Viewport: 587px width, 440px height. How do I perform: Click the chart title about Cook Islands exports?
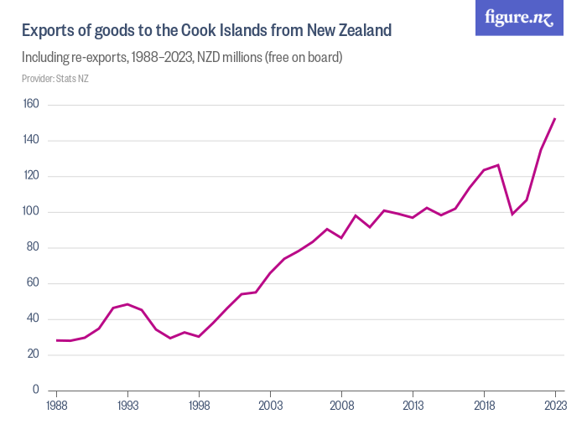(x=206, y=31)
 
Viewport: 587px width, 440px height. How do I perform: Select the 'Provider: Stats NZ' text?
(x=55, y=79)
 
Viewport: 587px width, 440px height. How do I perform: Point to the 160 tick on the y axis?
(x=31, y=105)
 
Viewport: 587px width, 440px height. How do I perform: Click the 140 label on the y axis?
(x=31, y=141)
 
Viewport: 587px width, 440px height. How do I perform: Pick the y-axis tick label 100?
(x=31, y=212)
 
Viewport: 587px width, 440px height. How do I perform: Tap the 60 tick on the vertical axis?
(x=34, y=283)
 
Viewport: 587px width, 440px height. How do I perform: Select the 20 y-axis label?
(x=34, y=355)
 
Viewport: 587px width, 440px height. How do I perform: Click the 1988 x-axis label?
(x=57, y=406)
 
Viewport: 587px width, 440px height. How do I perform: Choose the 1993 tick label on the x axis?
(x=127, y=406)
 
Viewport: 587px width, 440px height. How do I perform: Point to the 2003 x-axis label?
(x=270, y=406)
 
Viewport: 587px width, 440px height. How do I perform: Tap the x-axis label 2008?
(x=341, y=406)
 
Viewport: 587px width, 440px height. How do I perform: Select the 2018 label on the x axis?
(x=484, y=406)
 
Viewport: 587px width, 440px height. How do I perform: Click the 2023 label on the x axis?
(x=555, y=406)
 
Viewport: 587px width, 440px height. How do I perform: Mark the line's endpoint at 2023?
(x=555, y=119)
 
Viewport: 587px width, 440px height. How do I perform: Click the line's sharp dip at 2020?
(x=512, y=214)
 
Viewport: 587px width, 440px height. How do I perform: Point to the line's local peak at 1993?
(x=127, y=304)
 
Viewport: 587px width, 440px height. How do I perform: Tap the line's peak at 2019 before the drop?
(x=498, y=165)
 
